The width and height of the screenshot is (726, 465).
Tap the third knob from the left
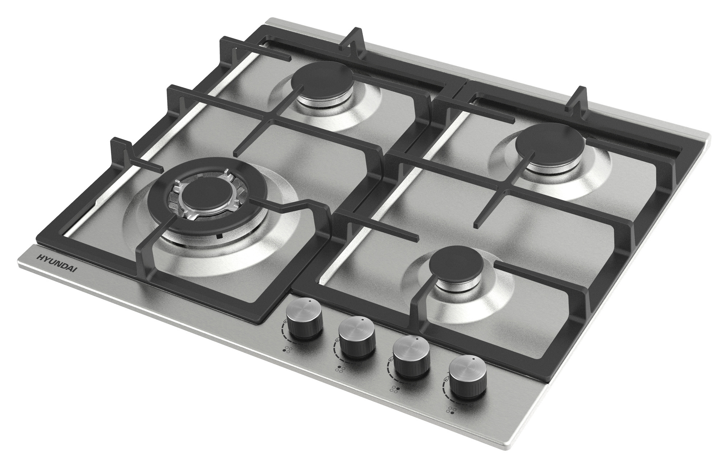(x=412, y=355)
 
